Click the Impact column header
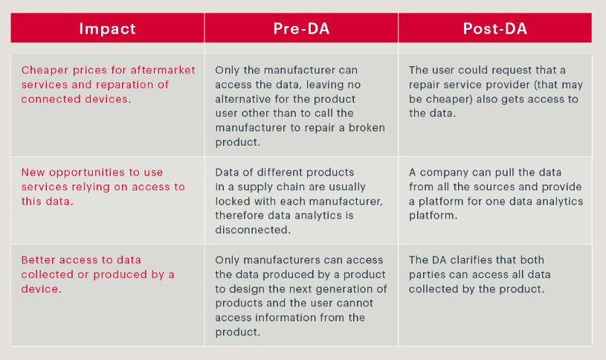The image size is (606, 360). point(107,28)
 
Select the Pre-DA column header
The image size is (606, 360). point(301,28)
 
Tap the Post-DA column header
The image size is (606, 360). point(495,28)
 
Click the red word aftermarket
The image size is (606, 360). point(163,70)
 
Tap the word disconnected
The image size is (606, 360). point(253,230)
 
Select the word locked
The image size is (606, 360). point(231,202)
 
